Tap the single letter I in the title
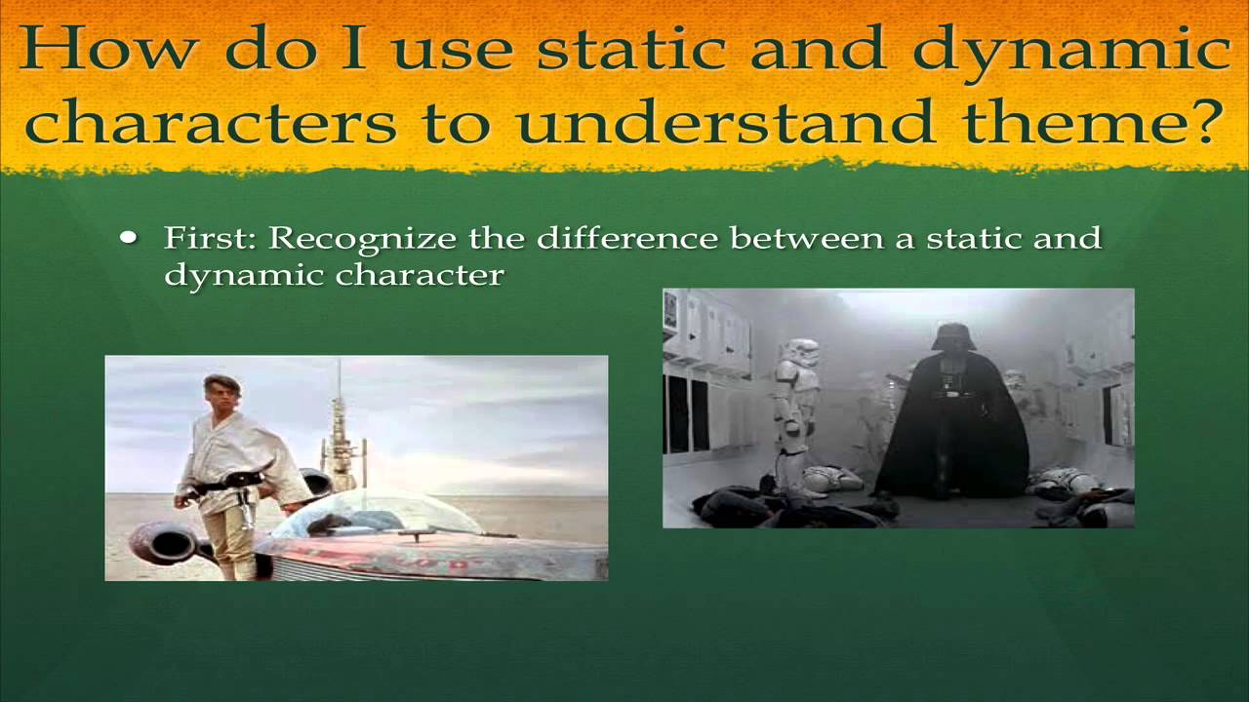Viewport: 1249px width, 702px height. [x=354, y=50]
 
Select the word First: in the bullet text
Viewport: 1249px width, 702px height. [x=211, y=238]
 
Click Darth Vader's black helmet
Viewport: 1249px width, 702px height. [x=953, y=337]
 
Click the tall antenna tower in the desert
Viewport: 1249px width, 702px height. [x=341, y=434]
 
